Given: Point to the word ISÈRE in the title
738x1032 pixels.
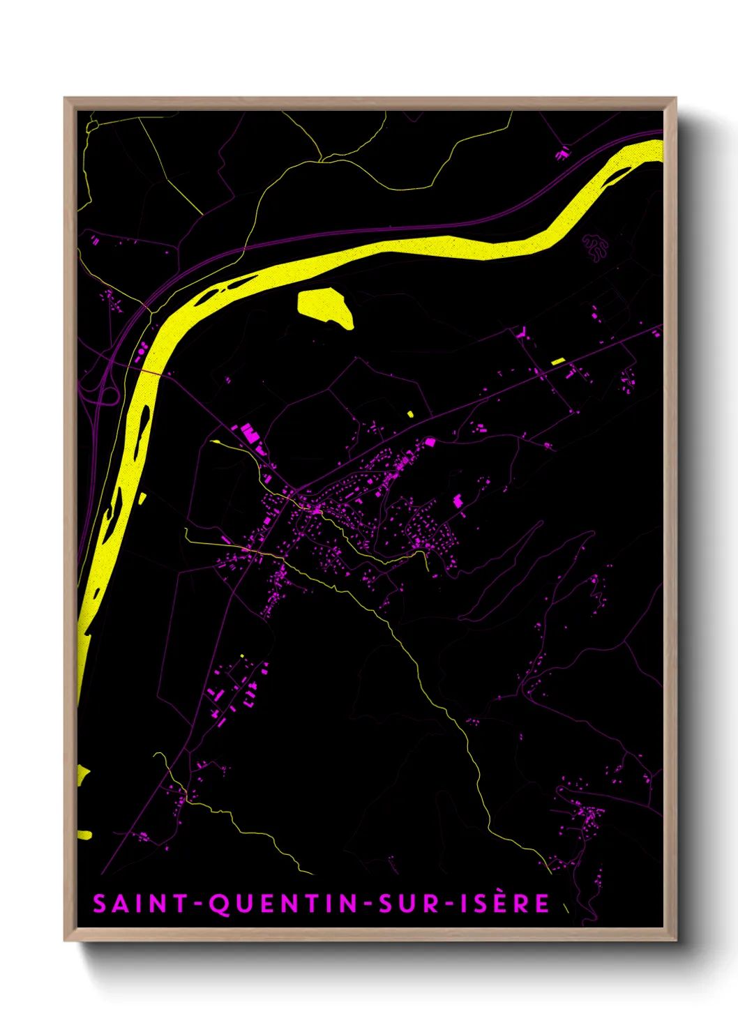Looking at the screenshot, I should point(504,904).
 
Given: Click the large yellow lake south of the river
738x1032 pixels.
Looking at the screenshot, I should point(325,307).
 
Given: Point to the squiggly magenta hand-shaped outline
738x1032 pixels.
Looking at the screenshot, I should point(594,246).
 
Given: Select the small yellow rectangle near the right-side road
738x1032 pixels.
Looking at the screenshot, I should point(558,361).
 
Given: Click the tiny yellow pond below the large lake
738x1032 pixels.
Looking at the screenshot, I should point(410,414).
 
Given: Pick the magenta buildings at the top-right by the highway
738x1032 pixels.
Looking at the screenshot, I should point(562,152).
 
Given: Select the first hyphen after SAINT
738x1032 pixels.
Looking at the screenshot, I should point(197,904).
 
